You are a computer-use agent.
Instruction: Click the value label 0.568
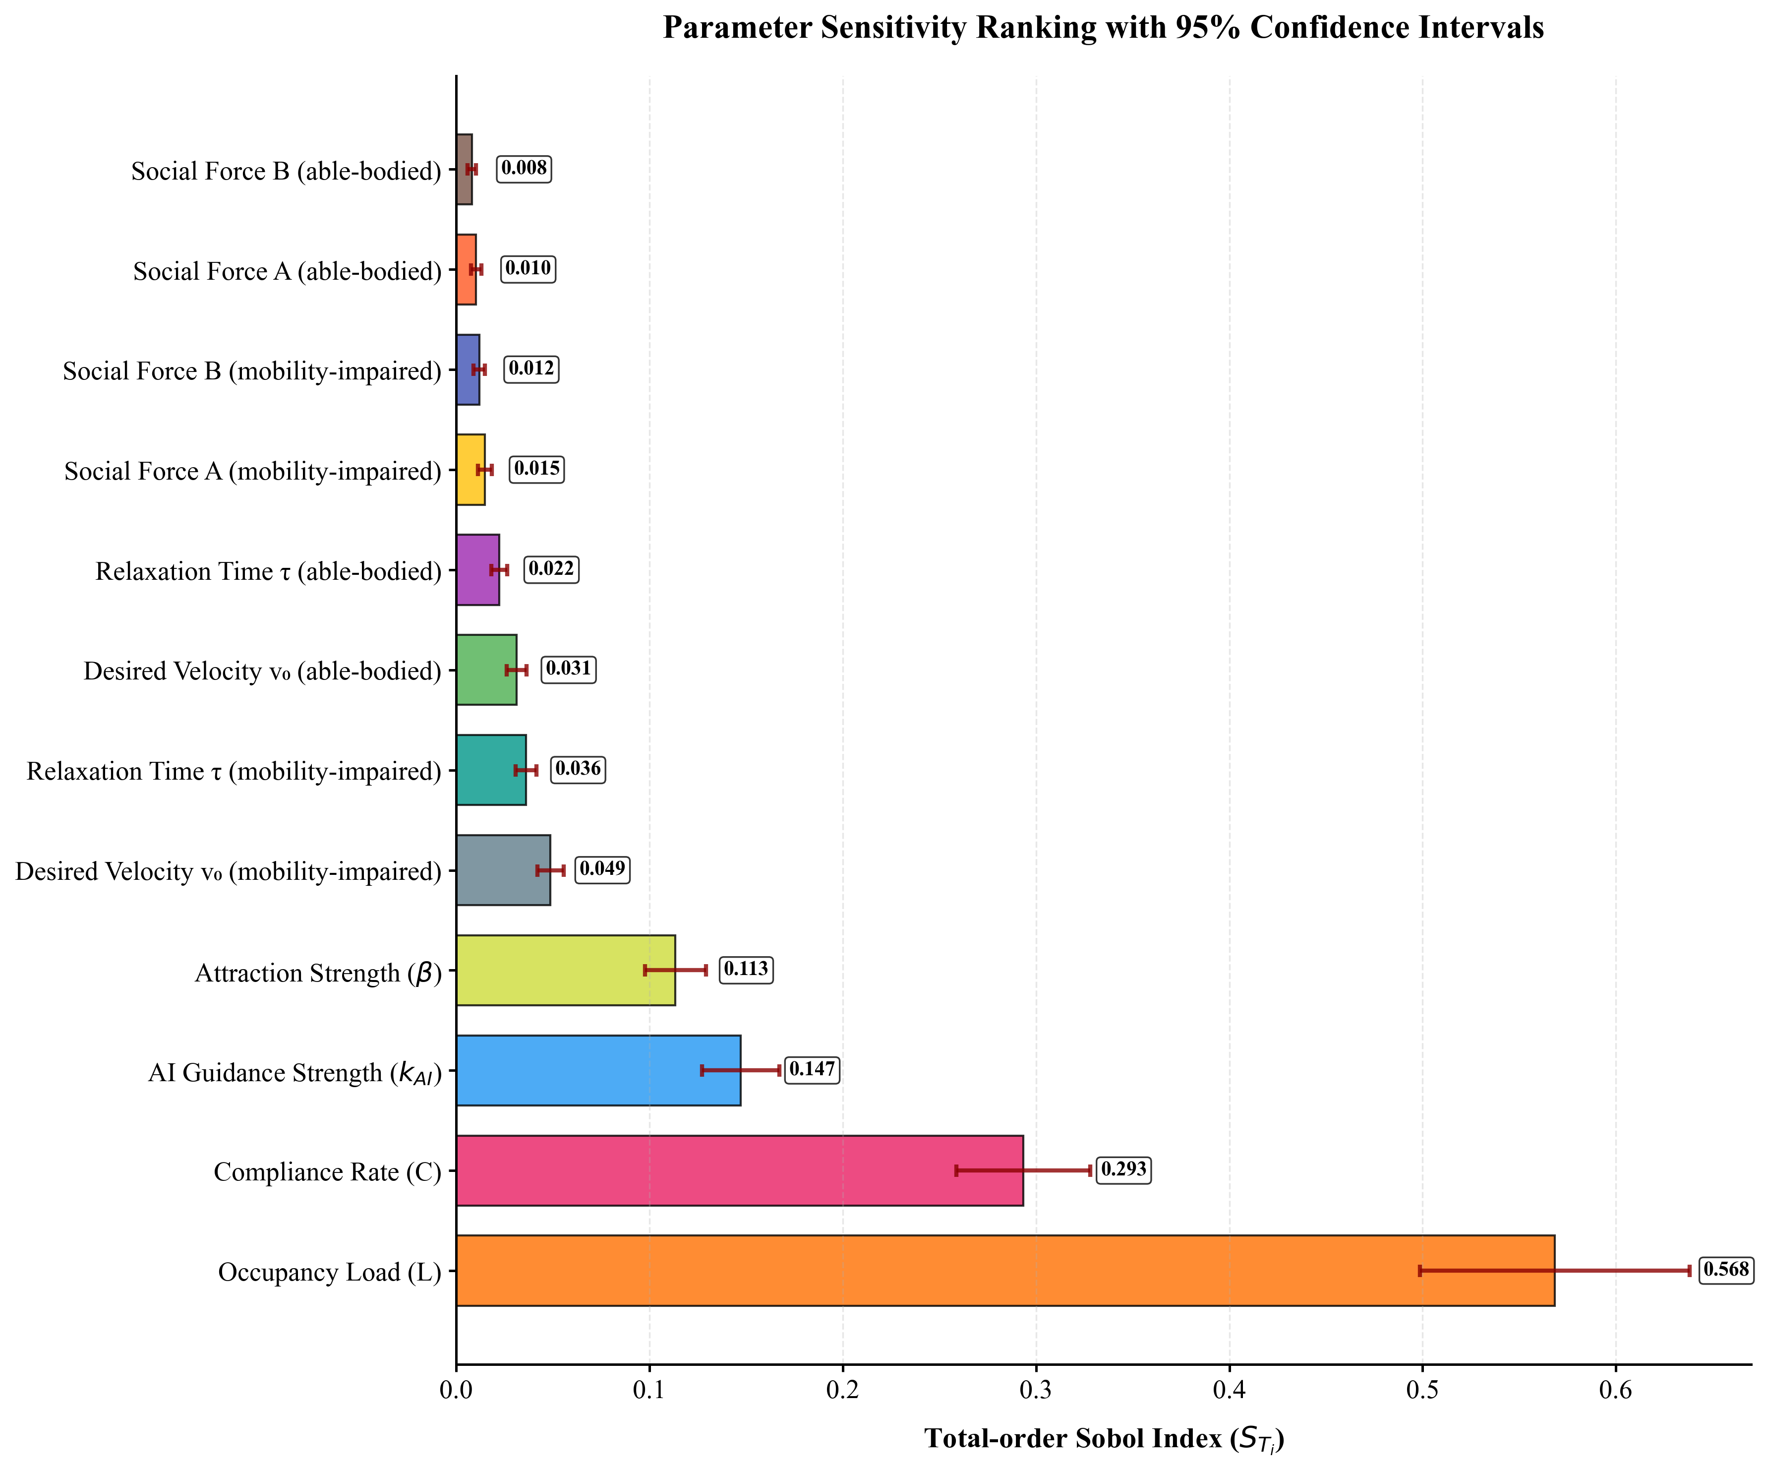pos(1726,1269)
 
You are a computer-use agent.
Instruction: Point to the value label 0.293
pos(1123,1169)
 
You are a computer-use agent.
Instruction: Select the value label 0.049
pos(602,869)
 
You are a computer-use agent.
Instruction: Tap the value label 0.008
pos(524,168)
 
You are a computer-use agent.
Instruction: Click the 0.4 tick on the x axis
pos(1229,1390)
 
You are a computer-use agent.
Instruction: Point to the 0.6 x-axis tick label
pos(1615,1390)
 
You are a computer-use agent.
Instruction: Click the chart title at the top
pos(1103,28)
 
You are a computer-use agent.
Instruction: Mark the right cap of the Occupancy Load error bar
pos(1689,1270)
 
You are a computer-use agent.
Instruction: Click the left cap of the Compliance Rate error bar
pos(956,1170)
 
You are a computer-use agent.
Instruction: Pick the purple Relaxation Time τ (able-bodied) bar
pos(477,569)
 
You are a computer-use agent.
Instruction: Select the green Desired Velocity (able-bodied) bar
pos(486,670)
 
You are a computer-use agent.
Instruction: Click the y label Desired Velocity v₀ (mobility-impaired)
pos(228,871)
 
